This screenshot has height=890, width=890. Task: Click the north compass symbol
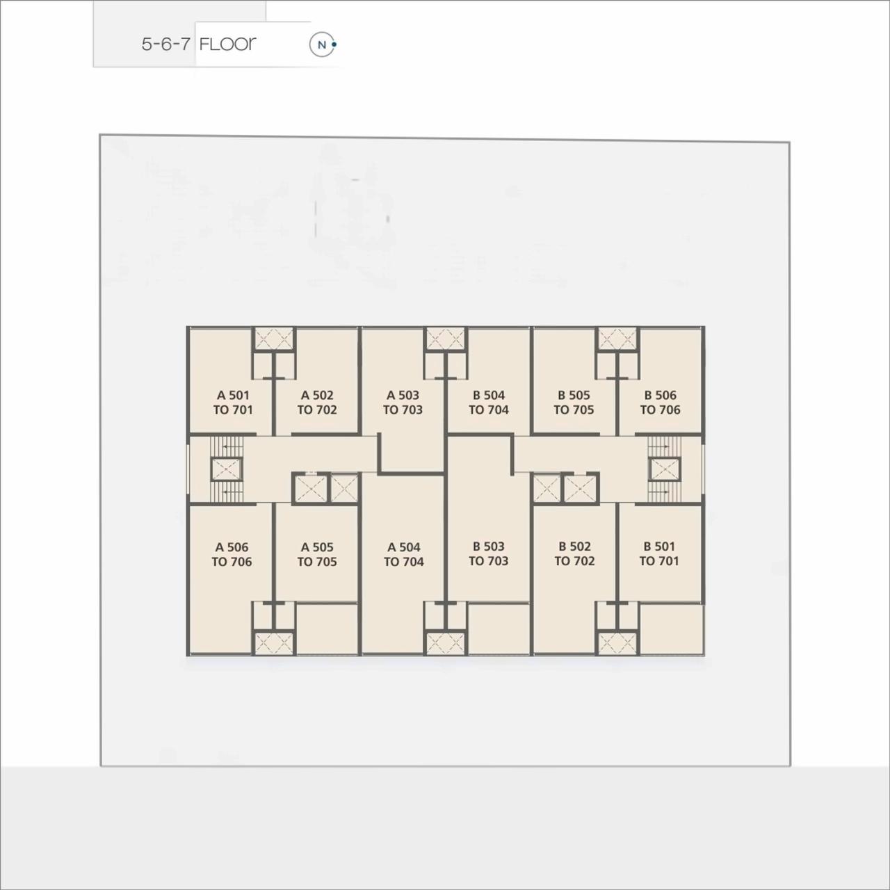[322, 45]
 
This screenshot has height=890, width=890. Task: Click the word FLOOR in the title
[227, 44]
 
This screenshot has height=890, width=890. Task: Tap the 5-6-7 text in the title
[165, 44]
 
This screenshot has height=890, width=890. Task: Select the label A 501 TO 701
[232, 403]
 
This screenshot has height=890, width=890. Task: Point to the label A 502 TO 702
[317, 403]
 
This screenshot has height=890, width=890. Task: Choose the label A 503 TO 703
[403, 403]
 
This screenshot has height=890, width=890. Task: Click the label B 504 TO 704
[488, 403]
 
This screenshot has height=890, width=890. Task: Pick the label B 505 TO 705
[574, 403]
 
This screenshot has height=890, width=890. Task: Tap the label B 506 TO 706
[660, 403]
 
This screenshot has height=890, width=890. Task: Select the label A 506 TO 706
[232, 554]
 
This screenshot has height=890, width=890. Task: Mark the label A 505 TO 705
[317, 554]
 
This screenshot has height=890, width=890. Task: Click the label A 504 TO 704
[403, 554]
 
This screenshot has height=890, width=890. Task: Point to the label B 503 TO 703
[488, 553]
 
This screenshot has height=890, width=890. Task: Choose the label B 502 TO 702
[574, 553]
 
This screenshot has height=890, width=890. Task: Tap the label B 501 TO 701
[658, 553]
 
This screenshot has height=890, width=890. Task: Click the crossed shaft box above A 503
[445, 339]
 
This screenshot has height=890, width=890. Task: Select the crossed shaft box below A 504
[445, 643]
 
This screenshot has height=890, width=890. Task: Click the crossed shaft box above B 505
[617, 339]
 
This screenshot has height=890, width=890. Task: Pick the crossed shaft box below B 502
[617, 643]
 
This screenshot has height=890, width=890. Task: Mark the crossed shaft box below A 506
[273, 643]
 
